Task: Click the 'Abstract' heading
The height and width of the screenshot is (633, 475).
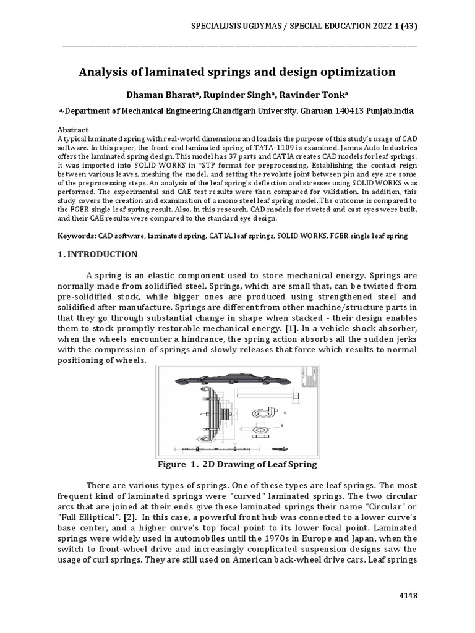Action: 73,130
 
